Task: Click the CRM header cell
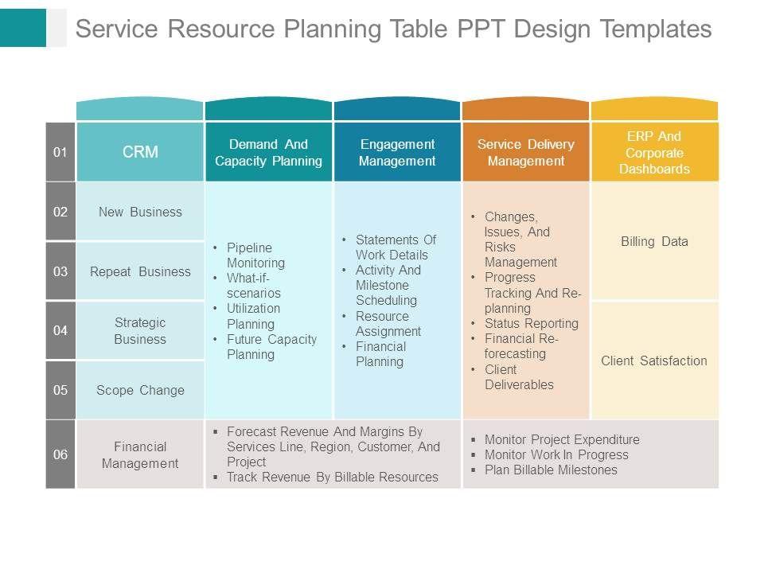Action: click(140, 152)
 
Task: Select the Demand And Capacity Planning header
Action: click(269, 152)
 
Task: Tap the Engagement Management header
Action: click(397, 152)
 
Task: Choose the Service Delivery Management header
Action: click(525, 152)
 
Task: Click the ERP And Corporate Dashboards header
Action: click(654, 152)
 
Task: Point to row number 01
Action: click(60, 152)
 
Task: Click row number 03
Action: click(60, 271)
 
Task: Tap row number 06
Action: click(60, 454)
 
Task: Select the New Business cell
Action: click(140, 212)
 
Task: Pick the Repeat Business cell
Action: click(140, 271)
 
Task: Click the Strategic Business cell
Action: click(140, 331)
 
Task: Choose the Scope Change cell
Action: click(140, 390)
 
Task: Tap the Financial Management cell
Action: click(140, 454)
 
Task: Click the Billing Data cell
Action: click(654, 241)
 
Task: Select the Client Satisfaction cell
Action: click(654, 361)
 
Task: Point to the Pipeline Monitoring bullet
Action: click(255, 255)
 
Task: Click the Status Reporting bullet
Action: click(531, 323)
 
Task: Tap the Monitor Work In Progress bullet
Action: click(556, 454)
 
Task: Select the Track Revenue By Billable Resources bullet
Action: click(332, 477)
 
